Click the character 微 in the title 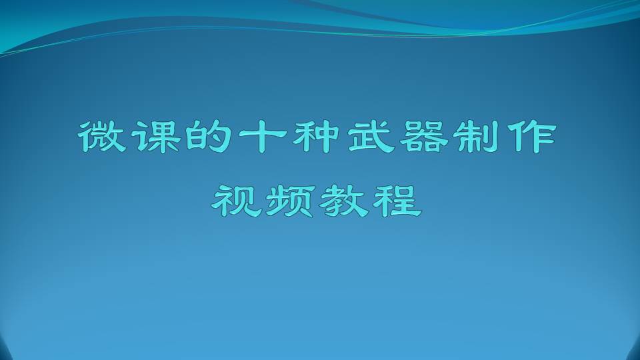point(102,137)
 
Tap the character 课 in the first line point(157,137)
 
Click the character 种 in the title point(316,137)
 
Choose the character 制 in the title point(477,137)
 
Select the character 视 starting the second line point(236,201)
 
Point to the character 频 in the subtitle point(291,201)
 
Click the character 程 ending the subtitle point(397,201)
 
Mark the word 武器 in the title point(397,137)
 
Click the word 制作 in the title point(505,137)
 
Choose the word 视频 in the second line point(263,201)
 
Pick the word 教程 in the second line point(371,201)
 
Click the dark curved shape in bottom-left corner point(4,348)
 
